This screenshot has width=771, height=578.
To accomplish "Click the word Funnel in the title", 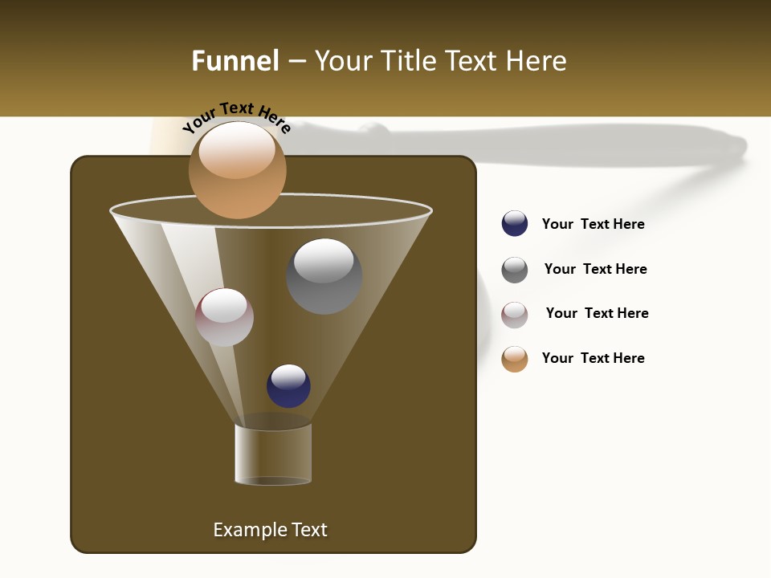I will [x=235, y=61].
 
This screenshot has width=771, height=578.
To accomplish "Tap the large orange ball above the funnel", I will [x=237, y=170].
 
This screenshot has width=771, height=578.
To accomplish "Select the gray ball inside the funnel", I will [x=324, y=276].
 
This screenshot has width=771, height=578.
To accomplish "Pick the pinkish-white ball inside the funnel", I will [x=224, y=317].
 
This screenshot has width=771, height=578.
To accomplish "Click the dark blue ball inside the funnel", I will [x=288, y=385].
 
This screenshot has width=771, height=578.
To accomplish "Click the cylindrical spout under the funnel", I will [x=273, y=454].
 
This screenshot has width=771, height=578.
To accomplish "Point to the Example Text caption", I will [x=270, y=530].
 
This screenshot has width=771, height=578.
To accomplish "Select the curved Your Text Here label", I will [x=236, y=117].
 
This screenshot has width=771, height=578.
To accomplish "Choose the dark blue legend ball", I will [x=515, y=223].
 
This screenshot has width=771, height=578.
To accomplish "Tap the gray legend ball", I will [x=515, y=270].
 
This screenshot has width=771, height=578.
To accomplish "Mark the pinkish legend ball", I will [x=515, y=315].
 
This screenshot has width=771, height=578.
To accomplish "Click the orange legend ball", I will [x=515, y=359].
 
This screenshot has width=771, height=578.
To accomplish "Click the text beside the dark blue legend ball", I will [x=593, y=224].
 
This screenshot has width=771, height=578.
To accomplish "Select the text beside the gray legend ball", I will [x=595, y=269].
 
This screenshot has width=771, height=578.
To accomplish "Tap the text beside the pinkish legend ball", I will [x=597, y=313].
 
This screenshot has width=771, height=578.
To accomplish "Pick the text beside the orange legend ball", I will [x=593, y=358].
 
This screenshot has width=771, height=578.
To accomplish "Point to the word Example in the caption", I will [x=248, y=530].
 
